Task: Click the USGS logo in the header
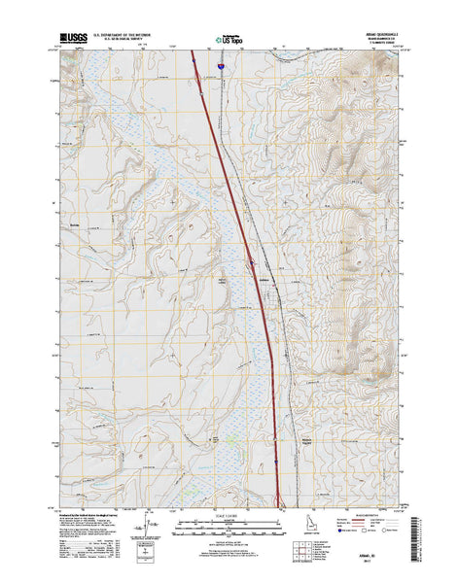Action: (x=73, y=37)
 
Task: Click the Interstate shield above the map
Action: (x=221, y=66)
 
